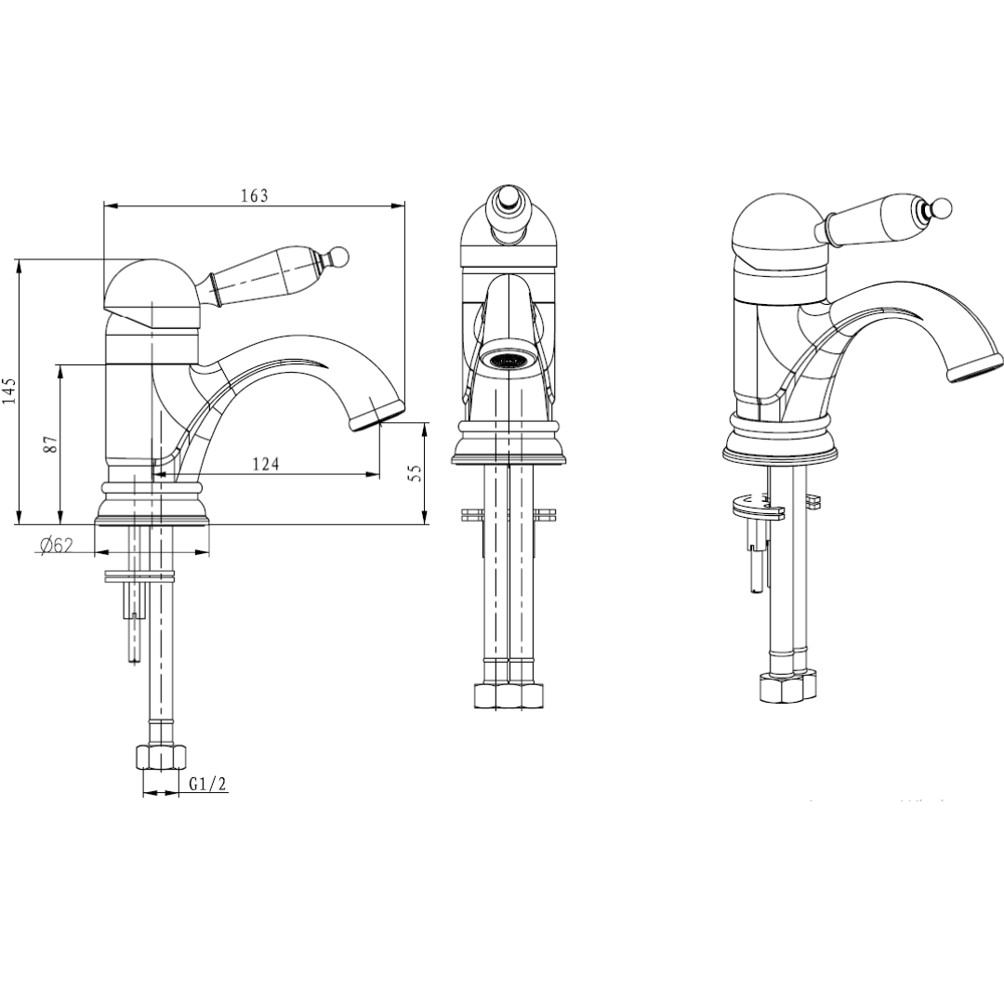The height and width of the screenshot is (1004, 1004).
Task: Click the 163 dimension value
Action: pyautogui.click(x=254, y=195)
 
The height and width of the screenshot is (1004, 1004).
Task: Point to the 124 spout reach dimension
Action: pyautogui.click(x=266, y=463)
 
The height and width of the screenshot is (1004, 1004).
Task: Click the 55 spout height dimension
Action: pyautogui.click(x=416, y=474)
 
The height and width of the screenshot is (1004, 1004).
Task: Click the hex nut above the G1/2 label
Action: pyautogui.click(x=161, y=758)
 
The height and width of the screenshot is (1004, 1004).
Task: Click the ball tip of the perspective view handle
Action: pyautogui.click(x=942, y=208)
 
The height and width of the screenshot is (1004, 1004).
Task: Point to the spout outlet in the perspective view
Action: pyautogui.click(x=974, y=369)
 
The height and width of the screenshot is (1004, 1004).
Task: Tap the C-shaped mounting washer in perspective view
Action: pyautogui.click(x=759, y=507)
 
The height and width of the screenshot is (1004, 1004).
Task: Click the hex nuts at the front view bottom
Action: pyautogui.click(x=509, y=695)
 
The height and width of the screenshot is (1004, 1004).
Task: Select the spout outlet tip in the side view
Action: pyautogui.click(x=377, y=415)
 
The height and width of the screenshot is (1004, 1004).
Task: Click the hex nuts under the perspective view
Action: pyautogui.click(x=788, y=686)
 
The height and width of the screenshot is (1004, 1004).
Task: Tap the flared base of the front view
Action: pyautogui.click(x=509, y=443)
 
